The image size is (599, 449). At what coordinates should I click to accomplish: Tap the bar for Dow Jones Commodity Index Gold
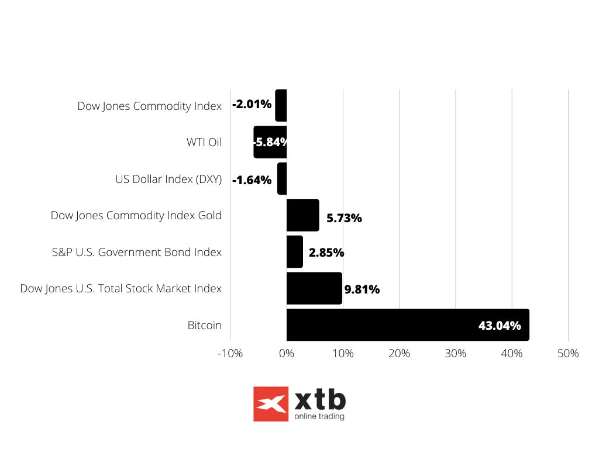(302, 215)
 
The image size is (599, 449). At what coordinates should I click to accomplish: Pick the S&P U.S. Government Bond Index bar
(294, 251)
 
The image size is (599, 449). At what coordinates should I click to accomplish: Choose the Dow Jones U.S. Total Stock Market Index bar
(314, 288)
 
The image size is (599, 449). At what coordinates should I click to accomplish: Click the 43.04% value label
(500, 326)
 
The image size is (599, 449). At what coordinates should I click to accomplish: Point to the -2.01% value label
(252, 105)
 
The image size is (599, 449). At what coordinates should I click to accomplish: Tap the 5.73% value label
(344, 219)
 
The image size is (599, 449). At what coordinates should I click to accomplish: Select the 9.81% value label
(362, 289)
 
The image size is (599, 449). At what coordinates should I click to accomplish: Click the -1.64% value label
(252, 180)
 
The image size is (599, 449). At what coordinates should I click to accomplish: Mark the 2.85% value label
(326, 253)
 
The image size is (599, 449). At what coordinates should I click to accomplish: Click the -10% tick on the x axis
(230, 354)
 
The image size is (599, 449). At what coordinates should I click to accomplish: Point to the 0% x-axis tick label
(287, 354)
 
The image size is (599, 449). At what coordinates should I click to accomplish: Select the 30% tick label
(456, 354)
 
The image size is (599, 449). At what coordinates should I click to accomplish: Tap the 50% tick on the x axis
(568, 354)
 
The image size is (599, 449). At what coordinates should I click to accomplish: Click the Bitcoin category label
(205, 326)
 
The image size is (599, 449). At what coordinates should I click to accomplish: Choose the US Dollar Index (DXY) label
(168, 179)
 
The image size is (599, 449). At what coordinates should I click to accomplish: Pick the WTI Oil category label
(204, 142)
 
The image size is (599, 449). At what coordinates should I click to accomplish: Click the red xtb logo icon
(271, 404)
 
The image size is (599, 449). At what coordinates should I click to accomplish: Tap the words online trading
(319, 417)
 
